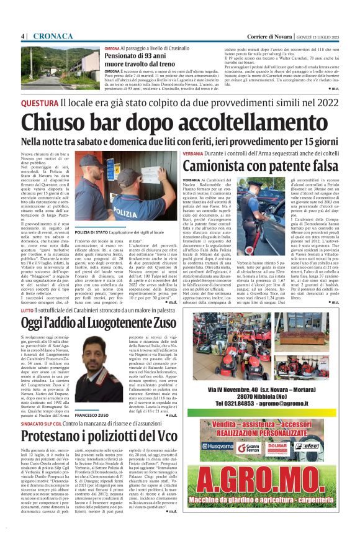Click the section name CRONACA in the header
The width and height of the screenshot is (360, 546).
(54, 36)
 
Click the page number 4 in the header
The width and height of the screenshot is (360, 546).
(23, 36)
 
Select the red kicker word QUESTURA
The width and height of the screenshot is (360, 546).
(40, 102)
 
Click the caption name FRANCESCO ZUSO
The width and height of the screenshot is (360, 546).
(92, 413)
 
